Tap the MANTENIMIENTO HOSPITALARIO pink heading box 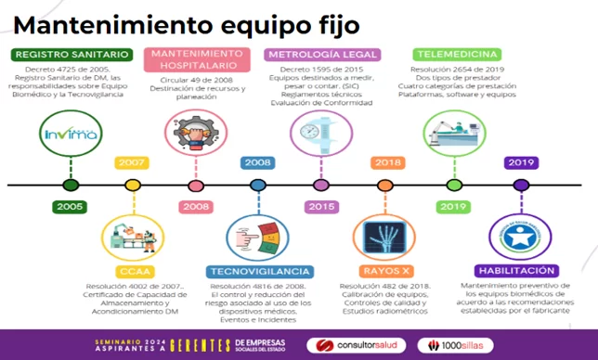(x=195, y=60)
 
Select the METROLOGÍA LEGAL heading (x=318, y=55)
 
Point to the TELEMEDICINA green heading (x=457, y=55)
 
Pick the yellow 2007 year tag (x=130, y=163)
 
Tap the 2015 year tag (x=321, y=206)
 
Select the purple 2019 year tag (x=516, y=163)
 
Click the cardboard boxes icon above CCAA (x=130, y=236)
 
